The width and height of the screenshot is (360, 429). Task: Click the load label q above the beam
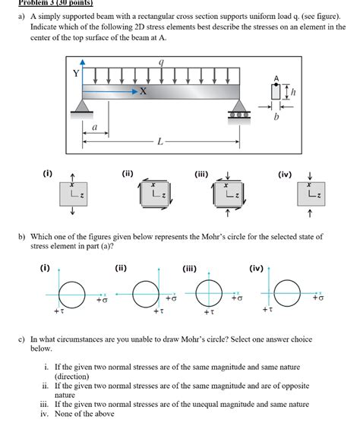point(161,63)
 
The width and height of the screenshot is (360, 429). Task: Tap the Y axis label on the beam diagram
point(75,74)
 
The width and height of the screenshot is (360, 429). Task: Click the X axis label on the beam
point(142,91)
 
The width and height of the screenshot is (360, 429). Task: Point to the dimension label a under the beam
point(94,129)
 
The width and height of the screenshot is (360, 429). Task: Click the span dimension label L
point(159,141)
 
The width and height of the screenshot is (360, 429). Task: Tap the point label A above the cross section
point(276,78)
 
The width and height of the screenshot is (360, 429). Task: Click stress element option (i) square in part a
point(73,195)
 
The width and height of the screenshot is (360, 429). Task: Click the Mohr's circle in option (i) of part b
point(73,292)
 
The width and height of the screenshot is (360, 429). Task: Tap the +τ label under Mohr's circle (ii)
point(157,311)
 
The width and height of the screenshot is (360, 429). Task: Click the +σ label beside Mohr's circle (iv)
point(317,298)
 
